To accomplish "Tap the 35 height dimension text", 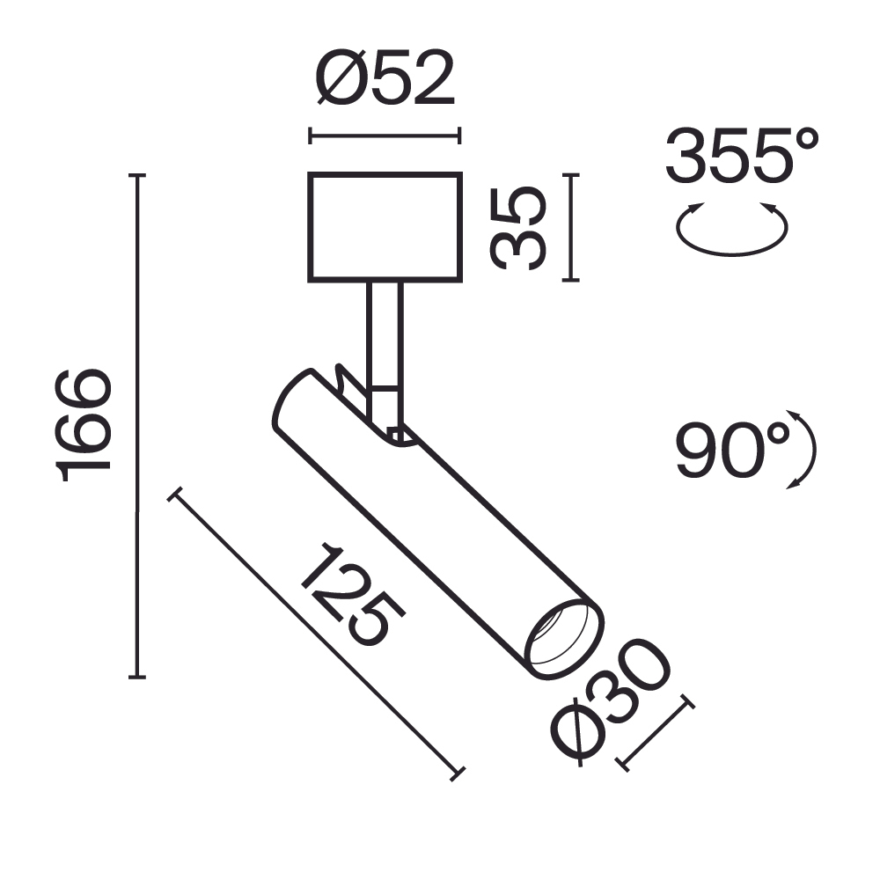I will [x=520, y=228].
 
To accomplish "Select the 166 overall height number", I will [x=85, y=426].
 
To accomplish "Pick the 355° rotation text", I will [x=741, y=156].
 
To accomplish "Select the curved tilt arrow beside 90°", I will [x=807, y=449].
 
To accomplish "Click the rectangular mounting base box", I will [x=385, y=227].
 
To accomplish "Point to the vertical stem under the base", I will [x=385, y=334].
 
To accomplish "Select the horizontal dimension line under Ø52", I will [x=385, y=136].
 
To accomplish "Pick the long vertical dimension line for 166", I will [x=136, y=426].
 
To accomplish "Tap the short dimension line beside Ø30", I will [x=656, y=734].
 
